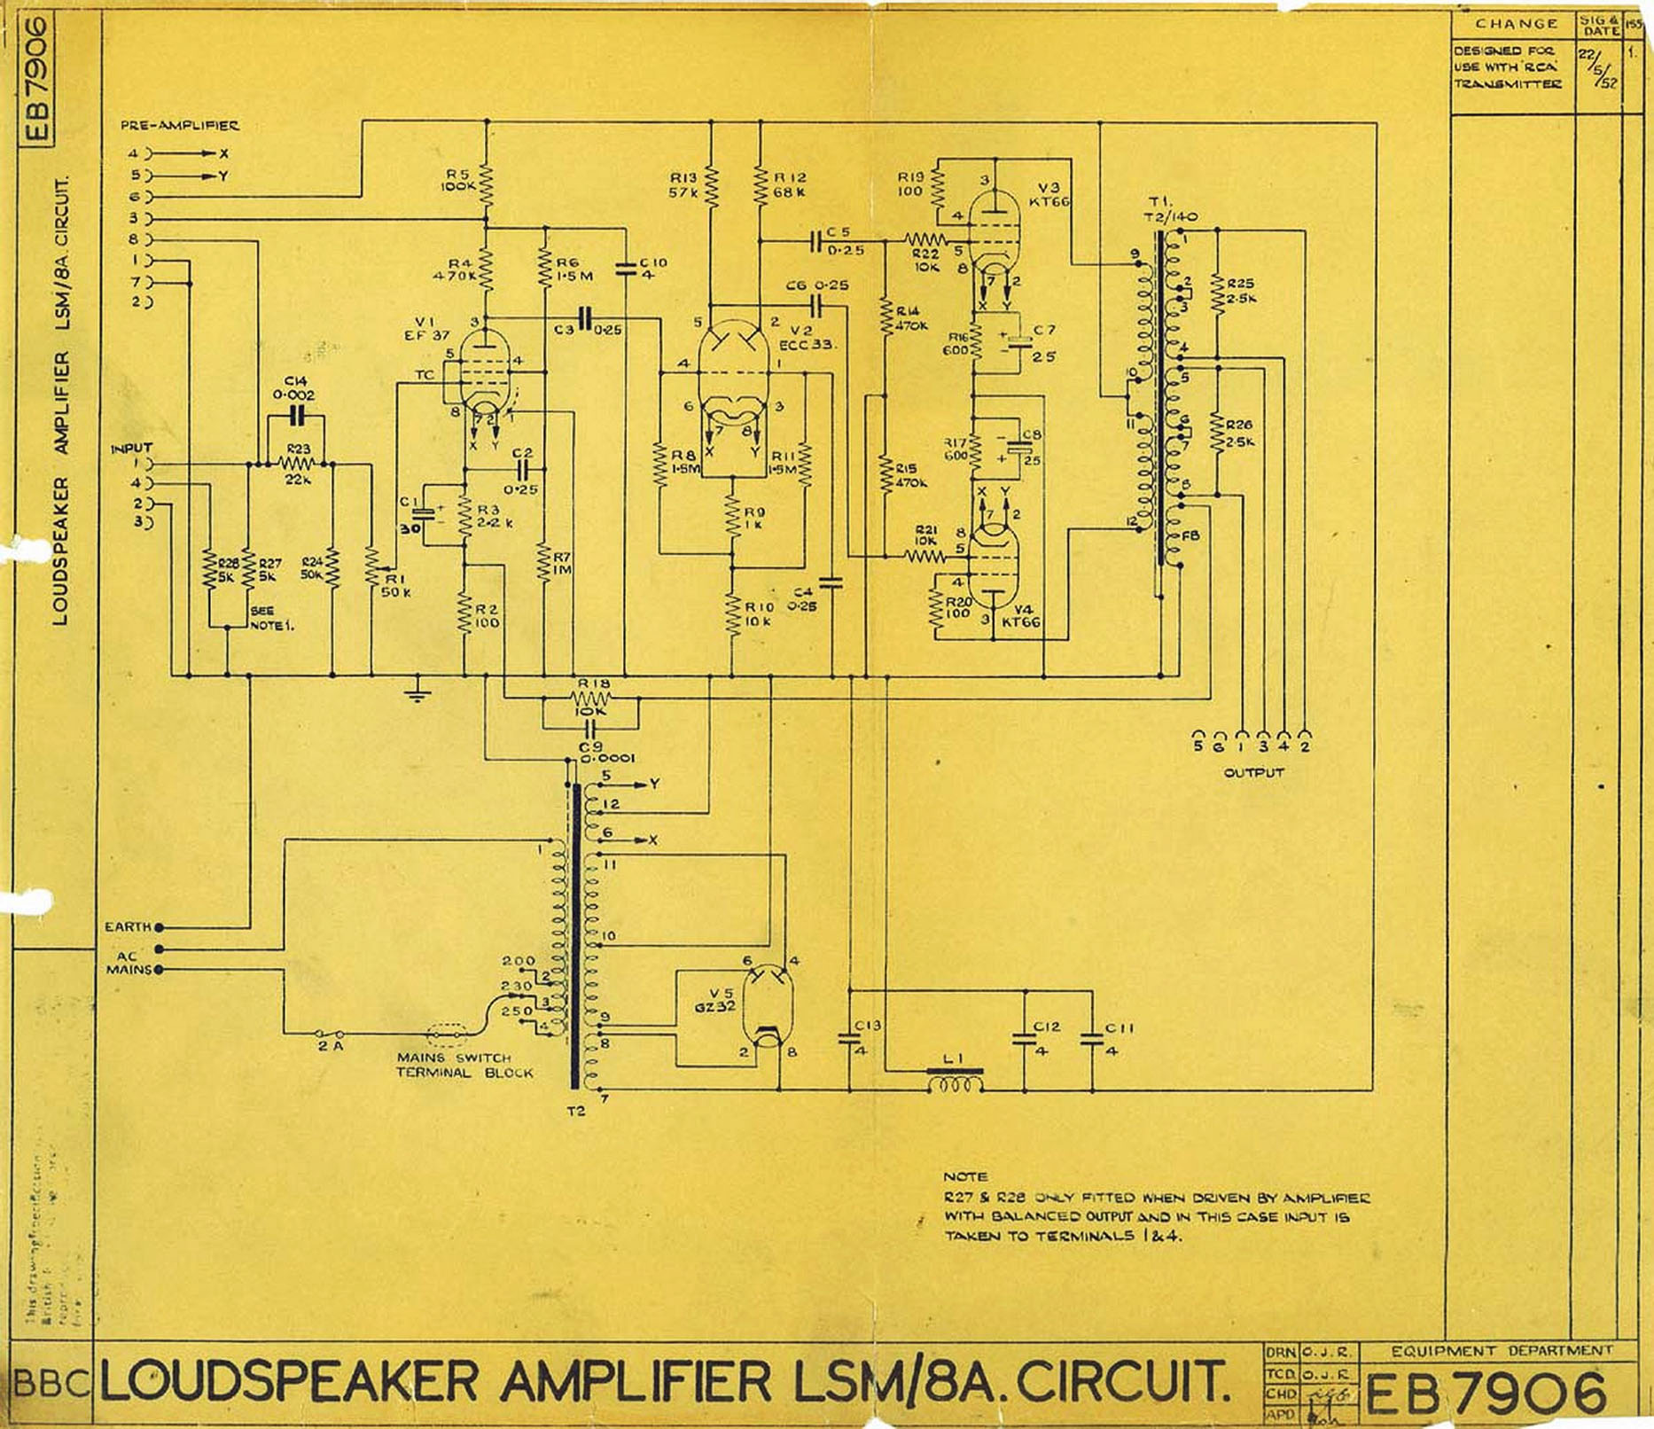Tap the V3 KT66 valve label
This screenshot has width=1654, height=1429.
click(1050, 195)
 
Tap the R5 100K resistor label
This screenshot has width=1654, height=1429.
click(459, 181)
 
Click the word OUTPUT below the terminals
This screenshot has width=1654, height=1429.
click(1253, 772)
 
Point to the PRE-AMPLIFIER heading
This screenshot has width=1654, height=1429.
click(180, 126)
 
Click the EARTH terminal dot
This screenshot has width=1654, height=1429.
click(160, 927)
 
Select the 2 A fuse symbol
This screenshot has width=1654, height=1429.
click(330, 1034)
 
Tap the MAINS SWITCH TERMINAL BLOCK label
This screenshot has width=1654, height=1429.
click(464, 1065)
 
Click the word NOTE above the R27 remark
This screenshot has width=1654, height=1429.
click(964, 1177)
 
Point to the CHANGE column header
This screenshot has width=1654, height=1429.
click(1516, 24)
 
